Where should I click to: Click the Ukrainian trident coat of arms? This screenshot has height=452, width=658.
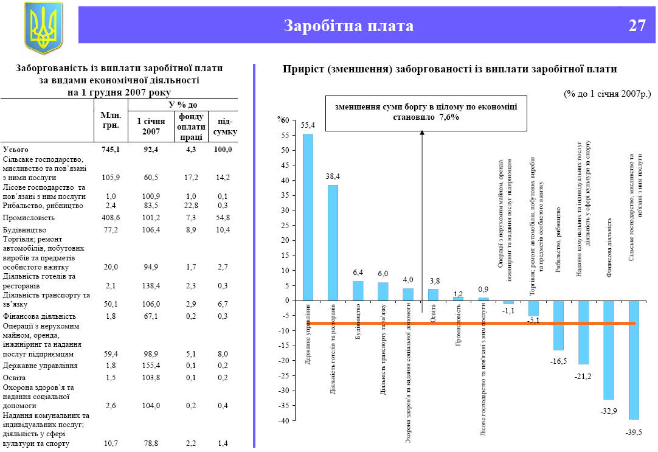click(43, 27)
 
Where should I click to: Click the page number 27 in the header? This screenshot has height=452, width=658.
click(637, 26)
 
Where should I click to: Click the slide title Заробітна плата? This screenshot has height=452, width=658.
click(348, 26)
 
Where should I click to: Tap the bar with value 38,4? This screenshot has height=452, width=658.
click(333, 242)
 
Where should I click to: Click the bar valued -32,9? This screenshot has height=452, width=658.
click(608, 350)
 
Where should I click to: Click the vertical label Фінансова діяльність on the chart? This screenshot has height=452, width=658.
click(609, 248)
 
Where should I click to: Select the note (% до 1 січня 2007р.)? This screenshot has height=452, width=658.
click(606, 94)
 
